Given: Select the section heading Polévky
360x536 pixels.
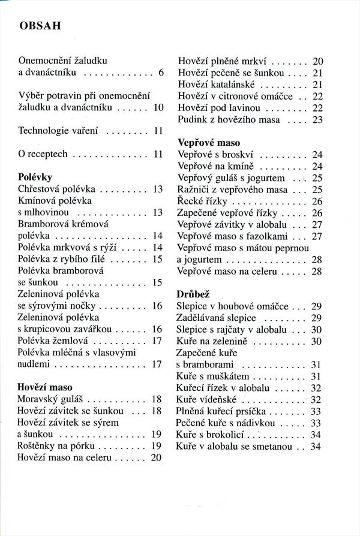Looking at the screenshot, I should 35,177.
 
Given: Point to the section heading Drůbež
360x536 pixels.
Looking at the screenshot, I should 193,294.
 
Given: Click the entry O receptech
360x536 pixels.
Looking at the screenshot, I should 43,154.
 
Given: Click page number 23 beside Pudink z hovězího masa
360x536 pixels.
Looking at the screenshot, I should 318,119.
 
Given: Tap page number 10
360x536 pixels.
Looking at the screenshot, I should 159,107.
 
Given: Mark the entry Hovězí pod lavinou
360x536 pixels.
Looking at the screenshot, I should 219,108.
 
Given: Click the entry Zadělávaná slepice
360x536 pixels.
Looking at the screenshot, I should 217,318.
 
